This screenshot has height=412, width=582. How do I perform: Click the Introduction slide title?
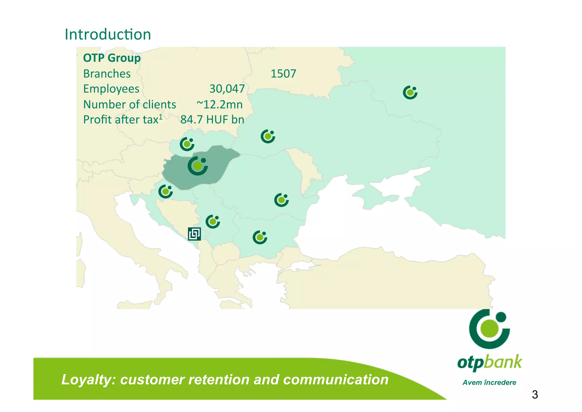click(x=108, y=34)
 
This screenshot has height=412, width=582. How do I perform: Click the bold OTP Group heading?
click(x=112, y=58)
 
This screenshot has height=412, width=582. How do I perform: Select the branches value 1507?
click(x=283, y=74)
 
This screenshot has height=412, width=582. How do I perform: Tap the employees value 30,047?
click(x=227, y=89)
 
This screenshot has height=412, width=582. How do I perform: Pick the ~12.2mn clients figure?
click(x=219, y=104)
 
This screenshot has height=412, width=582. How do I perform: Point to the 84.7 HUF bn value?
click(x=212, y=120)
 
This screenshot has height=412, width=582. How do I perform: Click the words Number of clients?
click(x=130, y=104)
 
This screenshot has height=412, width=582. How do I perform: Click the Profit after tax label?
click(x=122, y=120)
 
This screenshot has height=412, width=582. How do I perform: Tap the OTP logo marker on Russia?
click(x=410, y=92)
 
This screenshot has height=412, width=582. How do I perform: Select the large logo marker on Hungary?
click(x=198, y=166)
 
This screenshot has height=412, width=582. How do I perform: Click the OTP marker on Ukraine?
click(x=268, y=136)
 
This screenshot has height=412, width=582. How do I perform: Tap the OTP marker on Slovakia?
click(x=187, y=144)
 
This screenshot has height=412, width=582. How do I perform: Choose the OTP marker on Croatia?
click(x=165, y=191)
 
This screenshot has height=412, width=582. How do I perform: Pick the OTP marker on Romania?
click(x=281, y=200)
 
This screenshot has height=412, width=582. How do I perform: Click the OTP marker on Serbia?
click(x=213, y=222)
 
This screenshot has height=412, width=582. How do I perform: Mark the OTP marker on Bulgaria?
click(x=260, y=237)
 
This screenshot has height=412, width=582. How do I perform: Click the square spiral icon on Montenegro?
click(x=194, y=234)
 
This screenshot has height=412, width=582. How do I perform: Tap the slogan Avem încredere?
click(x=489, y=382)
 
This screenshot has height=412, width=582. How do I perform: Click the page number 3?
click(x=535, y=395)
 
